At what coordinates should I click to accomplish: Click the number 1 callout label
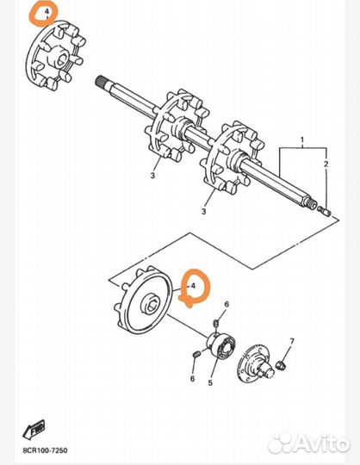(302, 139)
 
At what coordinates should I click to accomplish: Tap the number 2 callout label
(326, 164)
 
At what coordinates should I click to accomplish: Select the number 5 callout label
(210, 382)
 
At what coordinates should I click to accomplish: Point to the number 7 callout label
(292, 341)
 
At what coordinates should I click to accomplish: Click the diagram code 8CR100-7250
(45, 450)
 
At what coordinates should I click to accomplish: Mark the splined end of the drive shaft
(102, 81)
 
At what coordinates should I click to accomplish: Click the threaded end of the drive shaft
(312, 205)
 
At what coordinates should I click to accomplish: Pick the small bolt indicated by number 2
(325, 211)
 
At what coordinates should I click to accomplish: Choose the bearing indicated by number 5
(222, 344)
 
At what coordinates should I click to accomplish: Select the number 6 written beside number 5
(192, 379)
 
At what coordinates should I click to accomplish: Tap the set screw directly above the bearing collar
(216, 324)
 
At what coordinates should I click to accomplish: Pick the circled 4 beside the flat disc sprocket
(194, 287)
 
